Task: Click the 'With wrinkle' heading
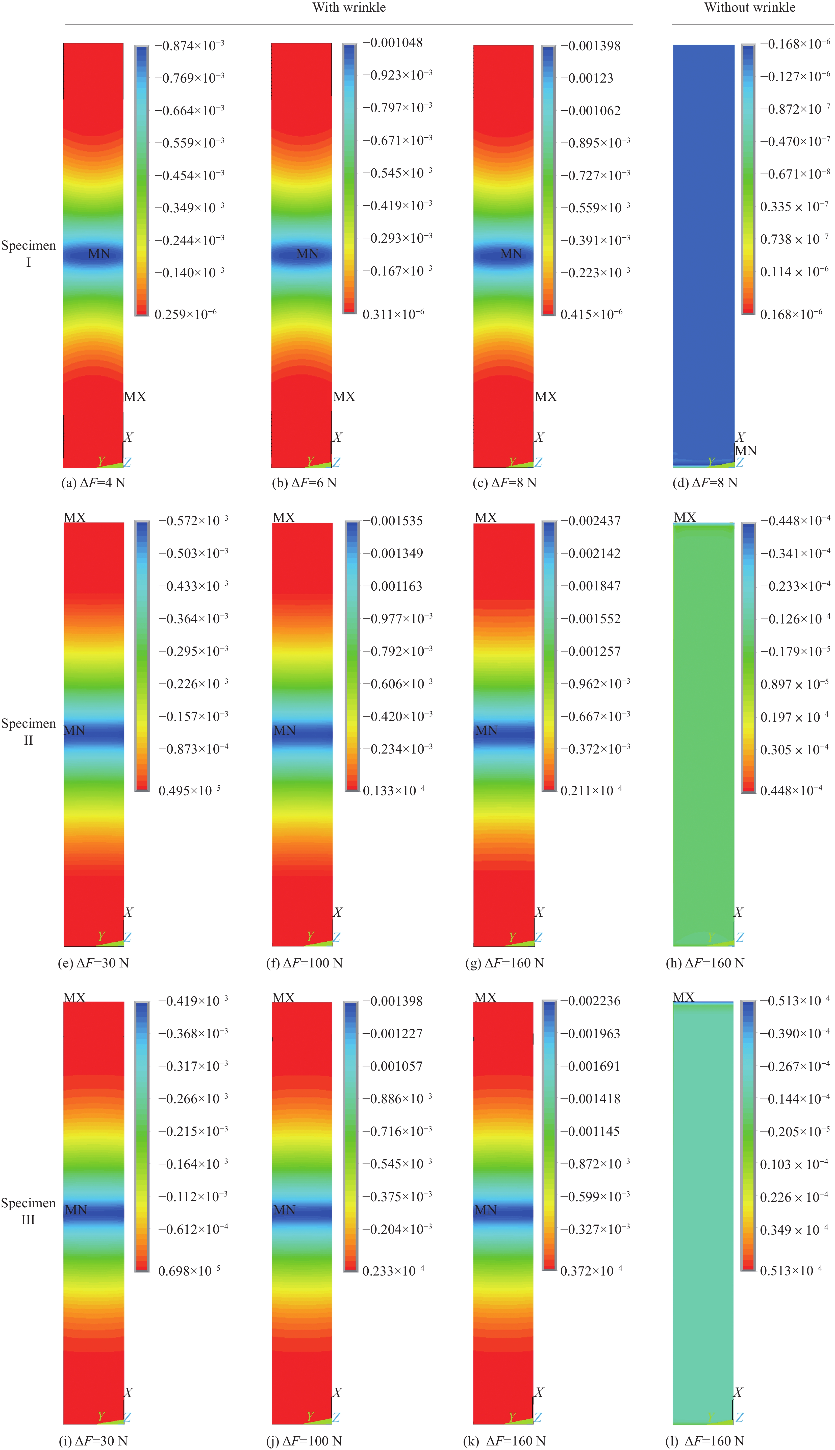(349, 8)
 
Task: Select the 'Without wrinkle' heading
(750, 8)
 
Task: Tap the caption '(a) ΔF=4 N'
(93, 483)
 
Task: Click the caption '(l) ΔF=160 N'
(704, 1441)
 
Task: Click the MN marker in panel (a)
(99, 254)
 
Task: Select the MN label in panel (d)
(746, 451)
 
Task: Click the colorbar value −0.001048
(393, 42)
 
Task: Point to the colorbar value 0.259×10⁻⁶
(185, 314)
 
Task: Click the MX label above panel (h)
(685, 517)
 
